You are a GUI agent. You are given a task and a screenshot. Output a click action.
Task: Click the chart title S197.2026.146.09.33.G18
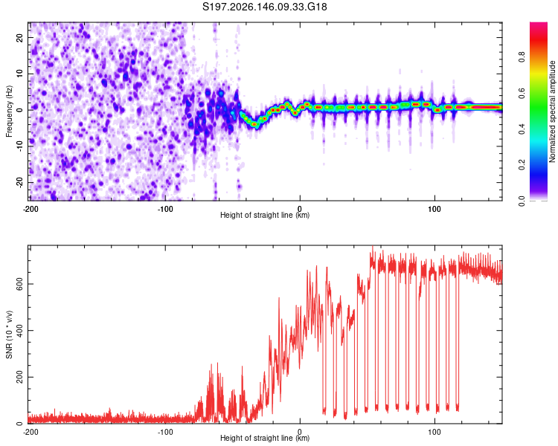click(x=264, y=7)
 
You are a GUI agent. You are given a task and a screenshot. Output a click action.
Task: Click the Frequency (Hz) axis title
click(x=9, y=111)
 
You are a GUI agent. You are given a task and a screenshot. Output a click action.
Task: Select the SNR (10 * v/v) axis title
click(x=9, y=334)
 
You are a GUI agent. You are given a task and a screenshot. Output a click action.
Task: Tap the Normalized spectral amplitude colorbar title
click(x=552, y=111)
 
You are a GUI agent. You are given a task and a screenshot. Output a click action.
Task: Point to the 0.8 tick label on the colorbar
click(x=522, y=57)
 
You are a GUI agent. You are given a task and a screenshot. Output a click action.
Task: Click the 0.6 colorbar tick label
click(x=522, y=93)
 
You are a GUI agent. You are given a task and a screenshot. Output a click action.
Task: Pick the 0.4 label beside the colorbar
click(x=522, y=129)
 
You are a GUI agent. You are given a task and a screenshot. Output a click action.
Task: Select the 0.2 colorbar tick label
click(x=522, y=165)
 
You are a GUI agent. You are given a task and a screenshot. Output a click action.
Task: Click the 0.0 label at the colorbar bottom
click(x=522, y=201)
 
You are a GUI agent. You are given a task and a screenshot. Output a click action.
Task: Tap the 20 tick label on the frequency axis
click(x=19, y=37)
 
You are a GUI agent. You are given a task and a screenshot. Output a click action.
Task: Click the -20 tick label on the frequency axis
click(x=19, y=183)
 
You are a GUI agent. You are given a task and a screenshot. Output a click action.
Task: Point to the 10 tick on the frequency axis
click(x=19, y=74)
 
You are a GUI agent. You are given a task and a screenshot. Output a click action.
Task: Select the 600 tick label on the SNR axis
click(x=19, y=284)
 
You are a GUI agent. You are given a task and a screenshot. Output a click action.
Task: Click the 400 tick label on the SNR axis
click(x=19, y=330)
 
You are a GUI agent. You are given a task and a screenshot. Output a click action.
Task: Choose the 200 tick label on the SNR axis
click(x=19, y=377)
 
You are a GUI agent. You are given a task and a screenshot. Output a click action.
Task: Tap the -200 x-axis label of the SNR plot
click(x=31, y=432)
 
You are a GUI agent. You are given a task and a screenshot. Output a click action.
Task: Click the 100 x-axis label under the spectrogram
click(x=434, y=209)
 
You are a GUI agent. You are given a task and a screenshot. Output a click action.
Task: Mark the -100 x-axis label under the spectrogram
click(x=165, y=209)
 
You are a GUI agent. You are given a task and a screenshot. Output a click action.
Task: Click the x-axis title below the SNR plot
click(x=265, y=438)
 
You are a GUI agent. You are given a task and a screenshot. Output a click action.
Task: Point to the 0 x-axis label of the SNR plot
click(x=300, y=432)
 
